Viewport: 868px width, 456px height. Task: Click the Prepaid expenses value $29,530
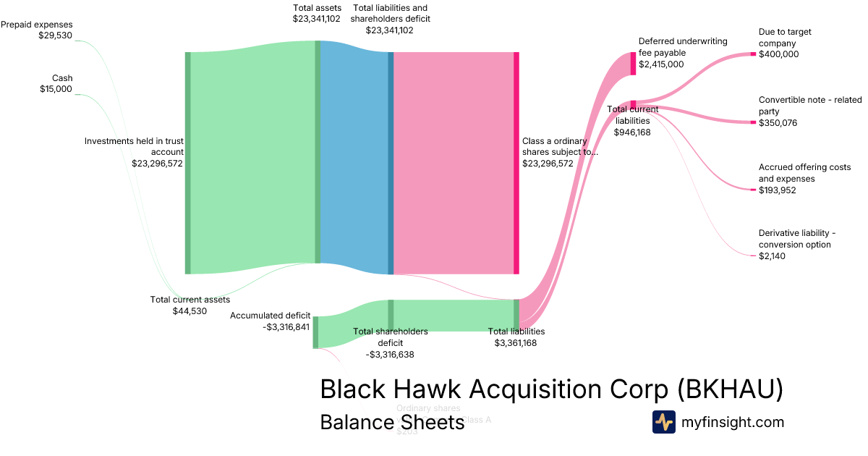tap(55, 35)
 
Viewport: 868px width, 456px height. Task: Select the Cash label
tap(62, 78)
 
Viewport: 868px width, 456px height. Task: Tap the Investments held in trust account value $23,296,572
tap(157, 164)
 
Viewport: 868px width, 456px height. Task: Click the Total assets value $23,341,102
tap(316, 19)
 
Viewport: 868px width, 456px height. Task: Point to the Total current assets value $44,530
tap(190, 311)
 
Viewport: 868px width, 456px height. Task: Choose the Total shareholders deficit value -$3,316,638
tap(390, 355)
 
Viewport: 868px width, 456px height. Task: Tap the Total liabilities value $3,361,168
tap(516, 343)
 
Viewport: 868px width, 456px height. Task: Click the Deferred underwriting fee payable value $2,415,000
tap(660, 64)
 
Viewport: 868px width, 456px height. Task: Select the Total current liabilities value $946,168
tap(632, 132)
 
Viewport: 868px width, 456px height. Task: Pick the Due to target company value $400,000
tap(778, 54)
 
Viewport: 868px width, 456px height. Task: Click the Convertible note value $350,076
tap(778, 123)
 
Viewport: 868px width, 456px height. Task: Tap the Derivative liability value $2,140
tap(772, 256)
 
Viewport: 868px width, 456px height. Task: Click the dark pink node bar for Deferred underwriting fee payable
tap(633, 64)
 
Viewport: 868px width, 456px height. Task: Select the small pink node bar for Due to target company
tap(753, 54)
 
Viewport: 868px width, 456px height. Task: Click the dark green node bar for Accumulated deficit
tap(315, 332)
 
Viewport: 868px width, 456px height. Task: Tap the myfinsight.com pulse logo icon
tap(663, 422)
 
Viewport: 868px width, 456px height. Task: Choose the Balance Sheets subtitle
tap(392, 422)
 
